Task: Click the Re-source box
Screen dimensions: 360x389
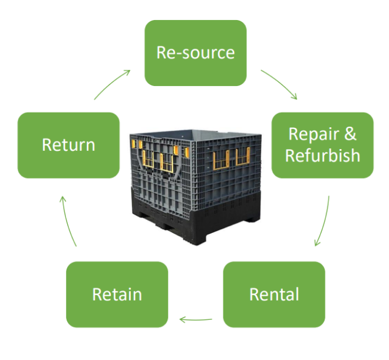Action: pos(195,52)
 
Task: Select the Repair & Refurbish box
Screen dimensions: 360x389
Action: pos(322,145)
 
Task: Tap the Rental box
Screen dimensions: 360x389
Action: pos(274,294)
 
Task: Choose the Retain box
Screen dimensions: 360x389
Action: pos(117,294)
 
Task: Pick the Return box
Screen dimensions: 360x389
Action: pos(68,145)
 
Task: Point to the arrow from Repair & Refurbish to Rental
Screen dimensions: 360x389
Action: pos(323,222)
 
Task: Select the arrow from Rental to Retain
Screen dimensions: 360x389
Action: pos(196,321)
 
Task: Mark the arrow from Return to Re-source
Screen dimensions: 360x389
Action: pos(112,83)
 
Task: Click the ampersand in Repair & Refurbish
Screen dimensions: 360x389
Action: pos(350,134)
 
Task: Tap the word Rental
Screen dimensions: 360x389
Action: pos(274,294)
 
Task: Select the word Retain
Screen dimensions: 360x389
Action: pos(117,294)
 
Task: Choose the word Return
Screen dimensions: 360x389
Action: pos(68,145)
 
